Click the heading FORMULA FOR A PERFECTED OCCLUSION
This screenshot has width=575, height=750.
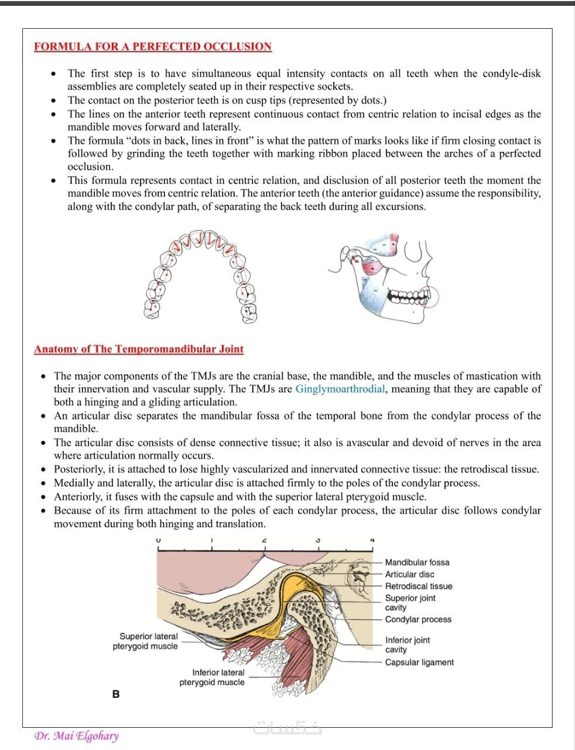coord(153,47)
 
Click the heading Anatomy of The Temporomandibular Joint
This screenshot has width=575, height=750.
coord(139,349)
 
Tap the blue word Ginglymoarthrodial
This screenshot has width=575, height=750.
coord(340,389)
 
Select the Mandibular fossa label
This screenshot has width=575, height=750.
coord(417,562)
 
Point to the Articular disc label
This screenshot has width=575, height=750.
coord(409,574)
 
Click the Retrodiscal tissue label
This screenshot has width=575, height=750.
coord(418,586)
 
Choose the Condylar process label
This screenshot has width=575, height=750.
coord(418,619)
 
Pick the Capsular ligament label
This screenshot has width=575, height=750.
coord(419,662)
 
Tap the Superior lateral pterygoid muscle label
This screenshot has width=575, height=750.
coord(146,641)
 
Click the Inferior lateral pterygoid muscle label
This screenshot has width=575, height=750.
coord(212,677)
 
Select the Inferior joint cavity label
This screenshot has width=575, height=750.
coord(407,645)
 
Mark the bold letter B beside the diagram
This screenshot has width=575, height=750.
coord(116,694)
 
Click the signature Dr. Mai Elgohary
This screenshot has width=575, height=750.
coord(76,736)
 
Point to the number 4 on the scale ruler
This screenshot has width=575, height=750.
coord(372,540)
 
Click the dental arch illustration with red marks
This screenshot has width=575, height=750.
coord(200,275)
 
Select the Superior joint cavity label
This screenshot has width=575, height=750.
coord(410,602)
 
